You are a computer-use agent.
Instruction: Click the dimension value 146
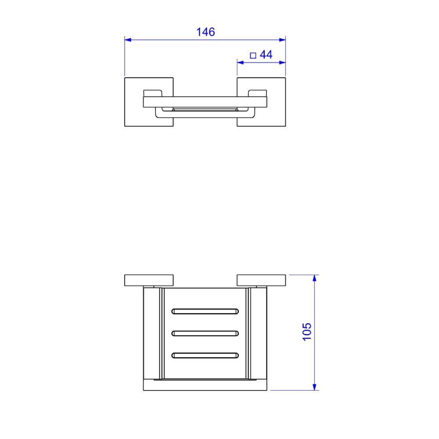click(205, 32)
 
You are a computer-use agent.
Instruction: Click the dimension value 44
click(266, 54)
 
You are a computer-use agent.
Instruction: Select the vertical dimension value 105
click(307, 332)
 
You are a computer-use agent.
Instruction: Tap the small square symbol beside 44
click(253, 55)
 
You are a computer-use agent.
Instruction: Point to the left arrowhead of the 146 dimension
click(128, 40)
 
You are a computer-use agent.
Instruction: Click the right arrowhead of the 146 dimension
click(282, 40)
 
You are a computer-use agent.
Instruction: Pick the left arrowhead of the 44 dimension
click(241, 62)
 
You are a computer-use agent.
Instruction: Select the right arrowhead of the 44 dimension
click(282, 62)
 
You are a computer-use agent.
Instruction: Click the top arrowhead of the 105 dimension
click(314, 278)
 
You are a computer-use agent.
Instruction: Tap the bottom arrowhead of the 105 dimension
click(314, 387)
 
